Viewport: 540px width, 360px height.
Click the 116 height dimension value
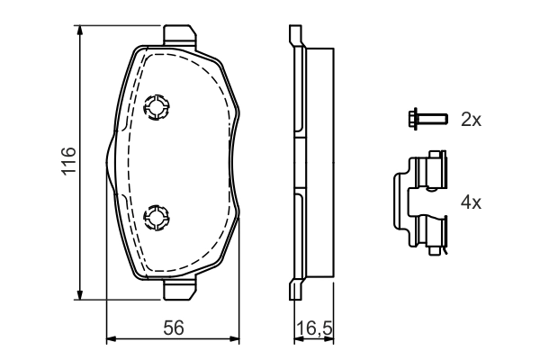click(67, 160)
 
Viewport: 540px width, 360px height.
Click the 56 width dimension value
click(174, 329)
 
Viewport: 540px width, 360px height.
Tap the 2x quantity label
click(471, 119)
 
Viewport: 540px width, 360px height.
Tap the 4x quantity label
click(471, 203)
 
